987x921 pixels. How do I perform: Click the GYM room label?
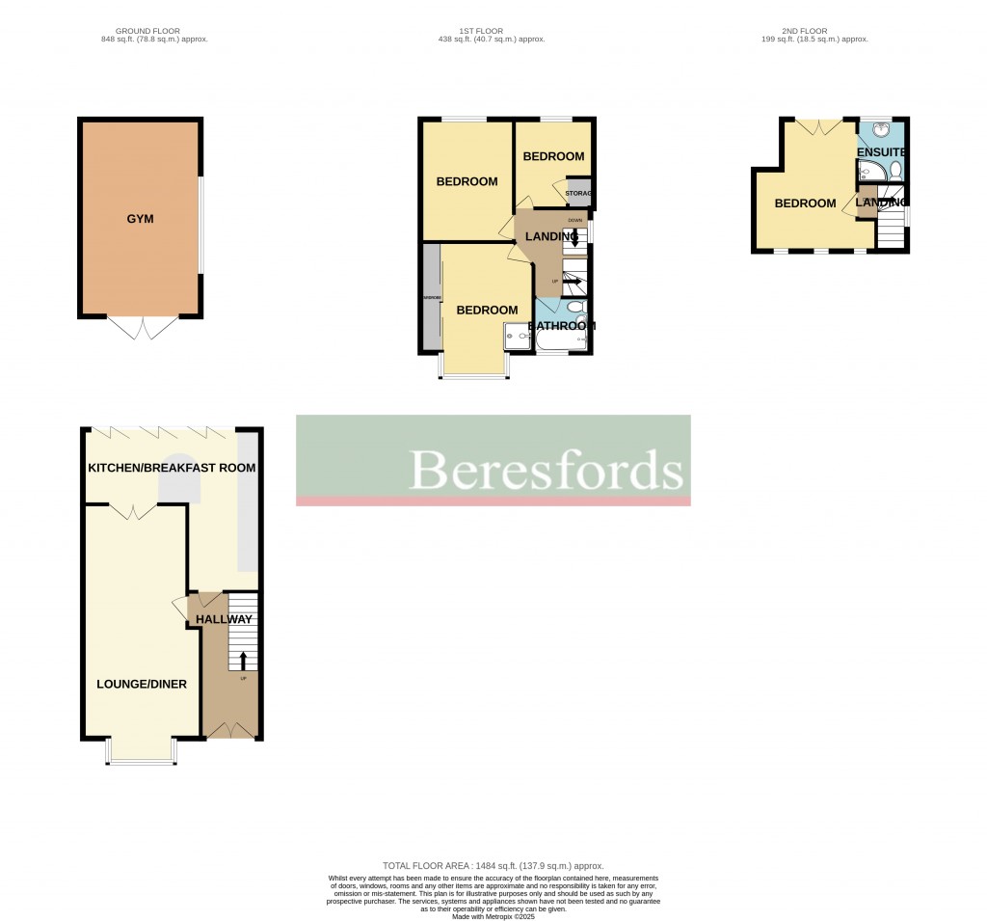(140, 219)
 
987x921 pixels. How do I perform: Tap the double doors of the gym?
(142, 327)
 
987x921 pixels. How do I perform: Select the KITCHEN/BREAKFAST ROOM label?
(172, 468)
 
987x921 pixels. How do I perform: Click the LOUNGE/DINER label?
(142, 684)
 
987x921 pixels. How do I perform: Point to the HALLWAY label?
(224, 619)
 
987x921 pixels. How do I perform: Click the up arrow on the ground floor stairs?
(242, 661)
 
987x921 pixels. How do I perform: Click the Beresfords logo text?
(547, 470)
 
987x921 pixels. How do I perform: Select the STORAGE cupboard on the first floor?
(579, 192)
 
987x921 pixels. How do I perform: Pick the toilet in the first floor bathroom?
(575, 308)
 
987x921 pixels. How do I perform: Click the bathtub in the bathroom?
(560, 339)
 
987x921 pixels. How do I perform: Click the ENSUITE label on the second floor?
(881, 152)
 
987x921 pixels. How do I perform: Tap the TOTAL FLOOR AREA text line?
(493, 866)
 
